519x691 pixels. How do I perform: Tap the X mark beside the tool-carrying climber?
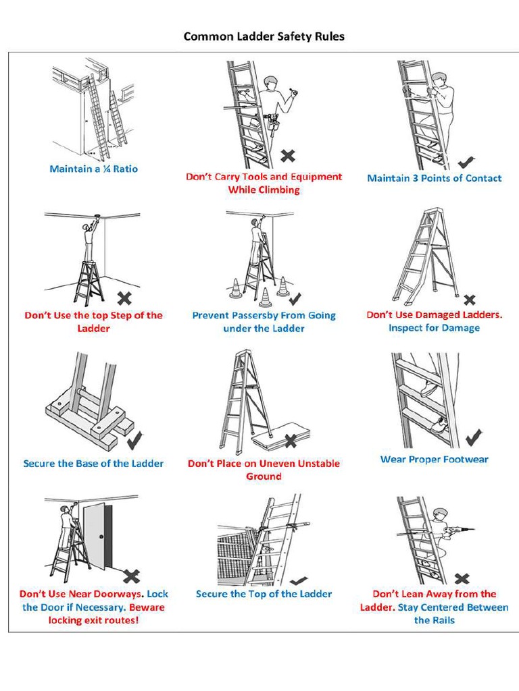coord(288,156)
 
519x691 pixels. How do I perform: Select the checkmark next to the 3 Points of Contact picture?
coord(466,162)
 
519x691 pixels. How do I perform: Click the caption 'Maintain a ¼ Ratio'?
coord(93,169)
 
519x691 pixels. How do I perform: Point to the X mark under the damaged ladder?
coord(470,300)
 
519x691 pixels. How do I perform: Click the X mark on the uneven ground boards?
coord(291,441)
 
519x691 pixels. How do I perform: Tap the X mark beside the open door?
coord(131,576)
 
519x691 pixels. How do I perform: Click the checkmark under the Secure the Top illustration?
coord(297,580)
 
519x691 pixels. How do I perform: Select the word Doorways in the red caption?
coord(119,594)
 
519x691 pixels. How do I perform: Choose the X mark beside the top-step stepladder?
coord(124,298)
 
